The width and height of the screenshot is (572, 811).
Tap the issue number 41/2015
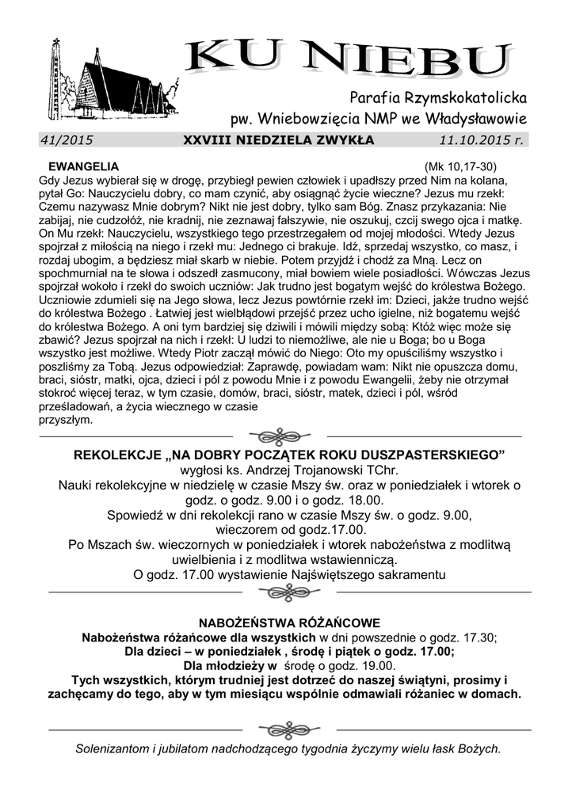67,140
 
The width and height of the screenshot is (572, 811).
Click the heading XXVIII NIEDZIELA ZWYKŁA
279,140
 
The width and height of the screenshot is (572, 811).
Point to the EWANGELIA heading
84,167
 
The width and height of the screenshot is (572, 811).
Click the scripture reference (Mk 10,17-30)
460,167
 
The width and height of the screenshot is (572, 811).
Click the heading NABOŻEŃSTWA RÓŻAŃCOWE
289,623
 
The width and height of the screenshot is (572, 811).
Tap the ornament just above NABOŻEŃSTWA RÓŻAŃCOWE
288,592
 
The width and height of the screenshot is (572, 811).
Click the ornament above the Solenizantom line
288,729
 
